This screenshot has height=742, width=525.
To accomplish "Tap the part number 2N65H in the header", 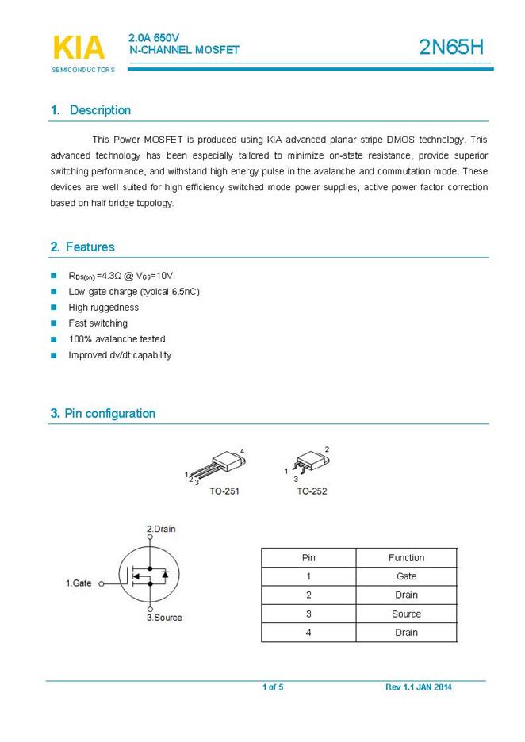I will (451, 48).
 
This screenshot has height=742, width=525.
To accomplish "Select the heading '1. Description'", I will (90, 110).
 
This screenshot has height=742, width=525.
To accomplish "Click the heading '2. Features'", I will (82, 247).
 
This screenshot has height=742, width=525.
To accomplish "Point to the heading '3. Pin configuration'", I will (103, 413).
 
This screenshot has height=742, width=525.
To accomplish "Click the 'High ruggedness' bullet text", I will (103, 308).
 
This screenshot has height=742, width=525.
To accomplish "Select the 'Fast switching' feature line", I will (98, 323).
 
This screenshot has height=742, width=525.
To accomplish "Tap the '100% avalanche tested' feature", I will (117, 339).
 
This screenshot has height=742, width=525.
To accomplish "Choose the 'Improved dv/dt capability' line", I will (120, 355).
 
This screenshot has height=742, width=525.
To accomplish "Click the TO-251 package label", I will (224, 491).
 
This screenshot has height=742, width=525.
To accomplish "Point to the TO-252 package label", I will (312, 491).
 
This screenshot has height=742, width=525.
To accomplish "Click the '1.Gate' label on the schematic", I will (79, 583).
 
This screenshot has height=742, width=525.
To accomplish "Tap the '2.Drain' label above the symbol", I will (161, 529).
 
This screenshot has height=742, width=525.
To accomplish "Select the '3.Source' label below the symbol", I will (164, 618).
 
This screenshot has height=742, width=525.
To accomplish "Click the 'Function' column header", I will (406, 558).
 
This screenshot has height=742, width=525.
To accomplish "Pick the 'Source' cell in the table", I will (406, 614).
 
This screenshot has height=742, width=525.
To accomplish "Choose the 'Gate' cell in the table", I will (406, 576).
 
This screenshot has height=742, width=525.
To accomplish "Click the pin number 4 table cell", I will (308, 633).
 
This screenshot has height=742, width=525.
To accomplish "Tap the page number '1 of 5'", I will (273, 687).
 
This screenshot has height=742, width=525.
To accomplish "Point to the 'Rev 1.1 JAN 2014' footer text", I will (419, 687).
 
